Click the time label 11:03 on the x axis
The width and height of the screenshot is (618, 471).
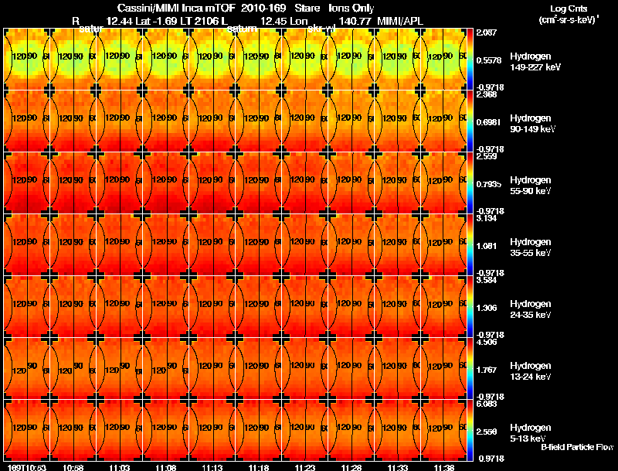pos(119,467)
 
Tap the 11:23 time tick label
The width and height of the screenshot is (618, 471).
pos(304,467)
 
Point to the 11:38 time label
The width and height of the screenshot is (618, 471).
pos(443,467)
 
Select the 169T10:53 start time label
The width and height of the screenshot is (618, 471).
pos(26,467)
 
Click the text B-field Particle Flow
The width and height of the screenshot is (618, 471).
pos(576,447)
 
